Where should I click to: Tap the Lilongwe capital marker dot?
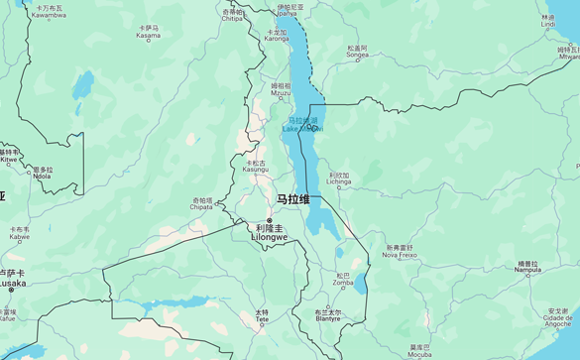click(270, 220)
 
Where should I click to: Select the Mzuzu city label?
click(281, 90)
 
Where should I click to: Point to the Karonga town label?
click(277, 36)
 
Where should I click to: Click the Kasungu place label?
click(256, 167)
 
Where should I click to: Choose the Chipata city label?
click(201, 204)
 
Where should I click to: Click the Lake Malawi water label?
click(300, 125)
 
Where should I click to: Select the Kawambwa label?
click(49, 12)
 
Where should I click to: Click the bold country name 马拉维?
click(292, 199)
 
